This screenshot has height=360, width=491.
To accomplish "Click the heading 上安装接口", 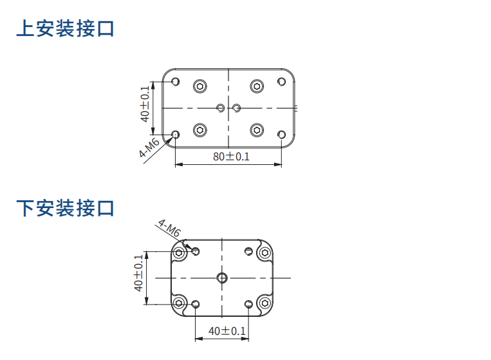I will [65, 29].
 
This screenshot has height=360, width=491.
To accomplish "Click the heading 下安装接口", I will [65, 209].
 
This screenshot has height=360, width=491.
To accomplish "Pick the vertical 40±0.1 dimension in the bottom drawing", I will [138, 274].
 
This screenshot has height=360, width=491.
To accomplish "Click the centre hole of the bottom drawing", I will [222, 278].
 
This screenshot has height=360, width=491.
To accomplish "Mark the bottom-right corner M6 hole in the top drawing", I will [281, 134].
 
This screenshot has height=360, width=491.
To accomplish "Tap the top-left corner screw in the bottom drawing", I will [180, 252].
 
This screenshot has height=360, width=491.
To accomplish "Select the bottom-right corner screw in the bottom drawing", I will [264, 303].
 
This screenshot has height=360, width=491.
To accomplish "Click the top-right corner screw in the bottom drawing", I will [264, 252].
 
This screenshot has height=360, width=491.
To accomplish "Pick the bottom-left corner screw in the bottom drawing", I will [180, 303].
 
